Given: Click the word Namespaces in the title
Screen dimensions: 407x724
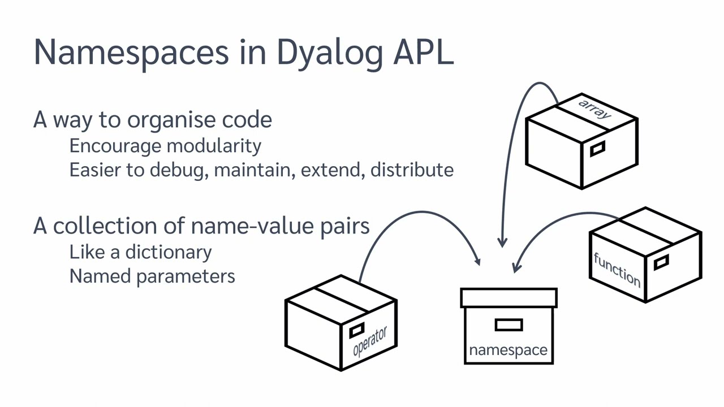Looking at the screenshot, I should [x=131, y=52].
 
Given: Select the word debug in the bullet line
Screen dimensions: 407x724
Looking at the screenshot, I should [x=180, y=170].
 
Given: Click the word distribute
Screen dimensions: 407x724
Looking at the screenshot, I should [x=412, y=170].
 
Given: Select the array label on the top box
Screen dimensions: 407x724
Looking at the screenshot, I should [x=594, y=109].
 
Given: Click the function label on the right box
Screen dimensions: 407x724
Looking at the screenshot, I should [x=617, y=269].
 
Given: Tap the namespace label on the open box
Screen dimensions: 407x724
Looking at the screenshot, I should [x=508, y=350].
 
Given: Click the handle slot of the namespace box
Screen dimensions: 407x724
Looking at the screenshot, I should [x=508, y=324].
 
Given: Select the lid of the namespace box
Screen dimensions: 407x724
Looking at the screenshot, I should [x=508, y=298].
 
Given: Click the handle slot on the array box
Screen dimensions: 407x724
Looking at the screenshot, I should [x=597, y=149].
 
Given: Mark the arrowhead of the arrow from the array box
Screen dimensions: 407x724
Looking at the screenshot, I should [x=502, y=243].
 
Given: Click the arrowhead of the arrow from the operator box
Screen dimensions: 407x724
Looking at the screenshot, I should [x=478, y=261].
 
